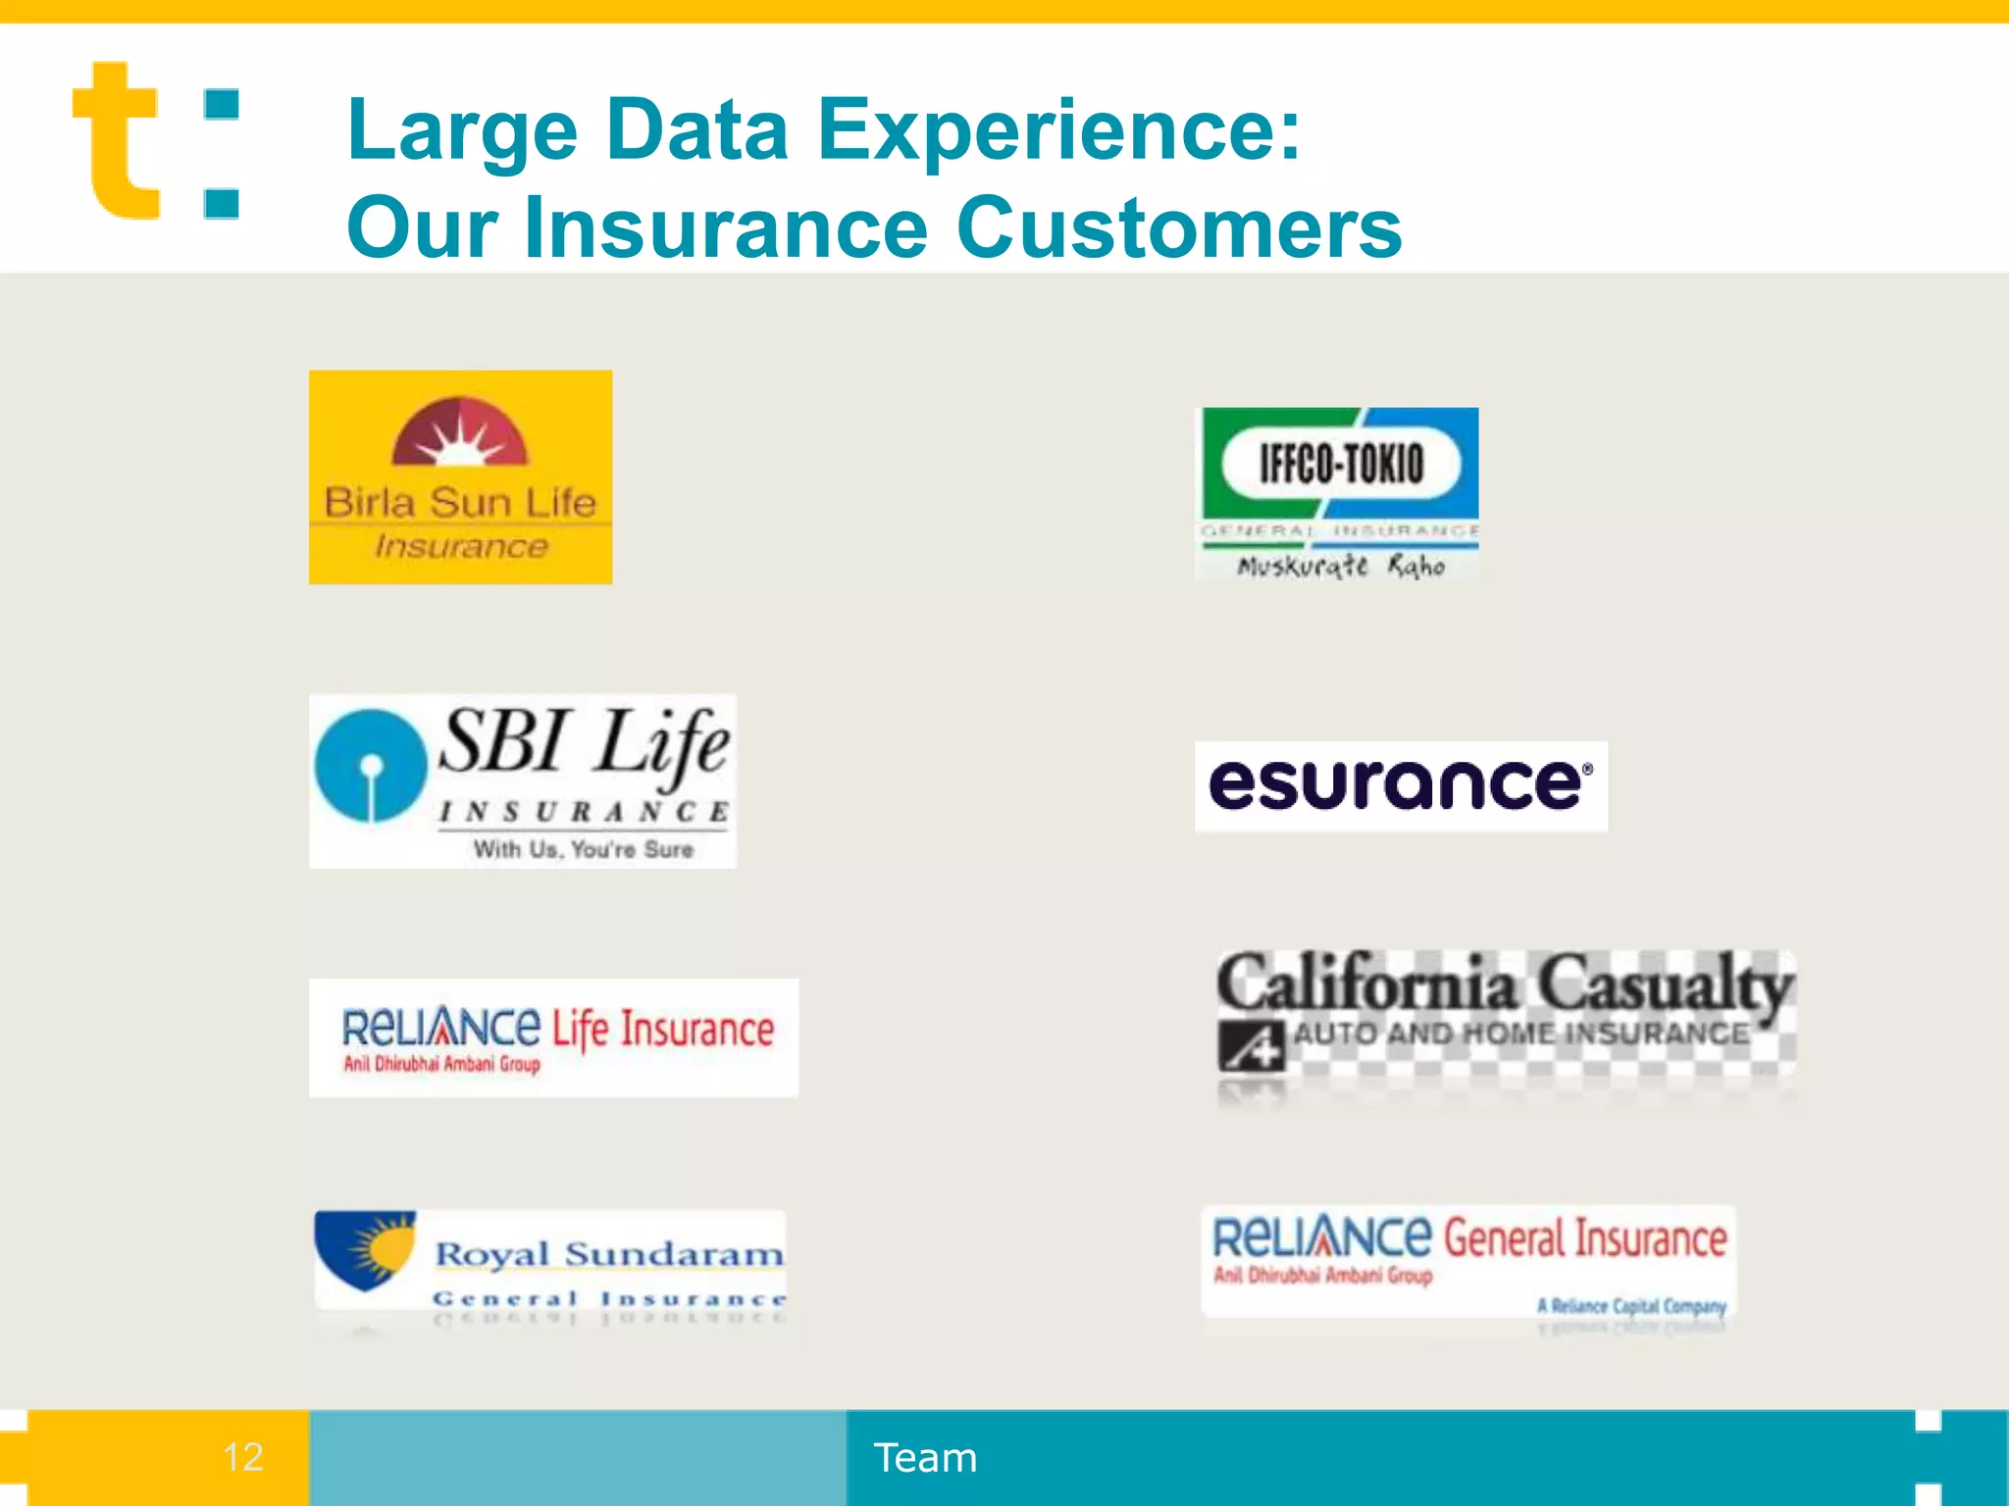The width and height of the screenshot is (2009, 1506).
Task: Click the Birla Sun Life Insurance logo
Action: [x=460, y=477]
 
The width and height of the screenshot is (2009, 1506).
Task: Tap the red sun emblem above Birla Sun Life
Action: [x=459, y=432]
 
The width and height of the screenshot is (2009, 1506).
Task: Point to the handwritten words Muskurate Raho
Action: [x=1340, y=566]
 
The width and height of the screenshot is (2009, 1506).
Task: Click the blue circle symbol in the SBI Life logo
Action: [x=370, y=766]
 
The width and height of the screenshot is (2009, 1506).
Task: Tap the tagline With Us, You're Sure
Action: [x=584, y=849]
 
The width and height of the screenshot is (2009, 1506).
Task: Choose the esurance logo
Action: [x=1400, y=785]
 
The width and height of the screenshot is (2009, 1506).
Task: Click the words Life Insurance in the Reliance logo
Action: [x=663, y=1029]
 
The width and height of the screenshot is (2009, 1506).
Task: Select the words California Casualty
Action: [x=1505, y=983]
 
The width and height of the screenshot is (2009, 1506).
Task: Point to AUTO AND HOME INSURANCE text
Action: [x=1520, y=1033]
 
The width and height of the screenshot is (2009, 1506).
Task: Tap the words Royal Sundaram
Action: [x=609, y=1254]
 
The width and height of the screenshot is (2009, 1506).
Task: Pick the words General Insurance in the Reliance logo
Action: [x=1584, y=1238]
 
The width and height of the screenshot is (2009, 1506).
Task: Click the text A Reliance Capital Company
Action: [x=1630, y=1305]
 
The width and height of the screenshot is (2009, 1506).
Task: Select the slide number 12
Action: [x=242, y=1457]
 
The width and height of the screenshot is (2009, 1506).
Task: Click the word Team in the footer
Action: [x=925, y=1458]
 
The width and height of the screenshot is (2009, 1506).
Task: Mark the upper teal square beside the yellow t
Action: [x=222, y=105]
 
